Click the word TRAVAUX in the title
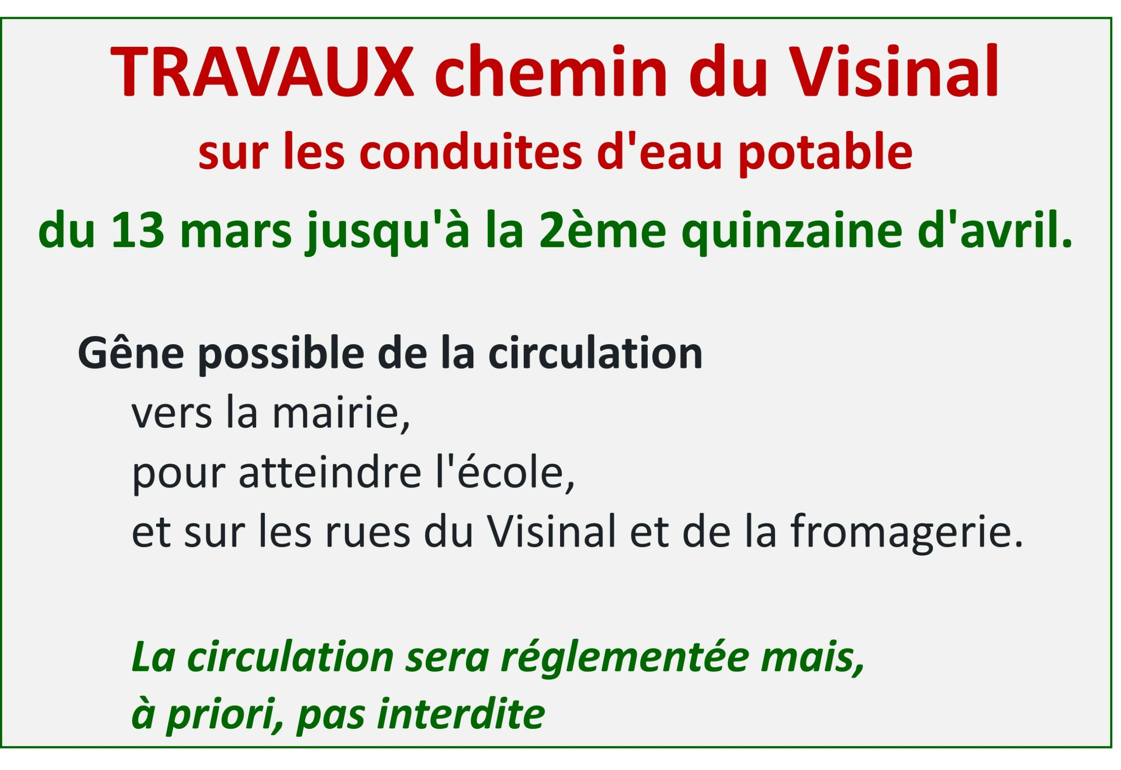[x=262, y=72]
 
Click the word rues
[x=367, y=537]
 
